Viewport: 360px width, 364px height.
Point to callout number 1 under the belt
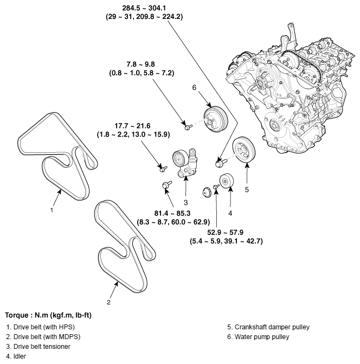pyautogui.click(x=52, y=210)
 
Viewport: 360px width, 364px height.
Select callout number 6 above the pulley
pyautogui.click(x=194, y=87)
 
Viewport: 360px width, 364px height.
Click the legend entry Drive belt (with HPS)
pyautogui.click(x=41, y=327)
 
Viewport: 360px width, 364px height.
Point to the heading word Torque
pyautogui.click(x=16, y=315)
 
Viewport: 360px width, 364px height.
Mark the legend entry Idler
pyautogui.click(x=14, y=356)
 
